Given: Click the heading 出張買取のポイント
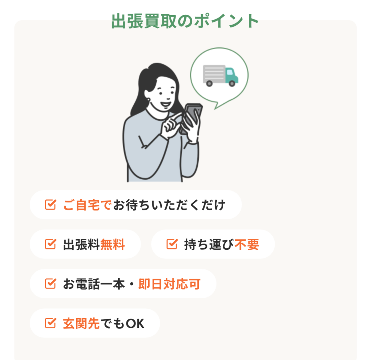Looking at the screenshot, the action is pyautogui.click(x=185, y=21).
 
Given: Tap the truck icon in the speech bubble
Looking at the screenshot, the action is pyautogui.click(x=220, y=76).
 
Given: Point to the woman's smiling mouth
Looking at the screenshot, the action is pyautogui.click(x=165, y=104).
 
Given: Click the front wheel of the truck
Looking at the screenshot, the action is pyautogui.click(x=232, y=83).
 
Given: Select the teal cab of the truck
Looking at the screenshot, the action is pyautogui.click(x=231, y=75).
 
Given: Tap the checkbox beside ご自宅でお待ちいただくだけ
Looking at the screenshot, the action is pyautogui.click(x=51, y=205).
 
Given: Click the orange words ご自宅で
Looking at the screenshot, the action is pyautogui.click(x=87, y=205).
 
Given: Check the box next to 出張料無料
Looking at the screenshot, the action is pyautogui.click(x=51, y=244).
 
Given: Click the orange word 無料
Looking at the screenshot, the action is pyautogui.click(x=113, y=244).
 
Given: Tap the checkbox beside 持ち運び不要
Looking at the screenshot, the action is pyautogui.click(x=172, y=244).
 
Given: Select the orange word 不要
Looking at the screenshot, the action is pyautogui.click(x=247, y=244).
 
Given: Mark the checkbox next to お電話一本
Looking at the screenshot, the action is pyautogui.click(x=51, y=283).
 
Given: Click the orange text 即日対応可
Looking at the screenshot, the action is pyautogui.click(x=169, y=284).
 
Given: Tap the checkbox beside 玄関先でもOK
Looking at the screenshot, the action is pyautogui.click(x=51, y=323).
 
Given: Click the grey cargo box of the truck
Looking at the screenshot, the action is pyautogui.click(x=214, y=74).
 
